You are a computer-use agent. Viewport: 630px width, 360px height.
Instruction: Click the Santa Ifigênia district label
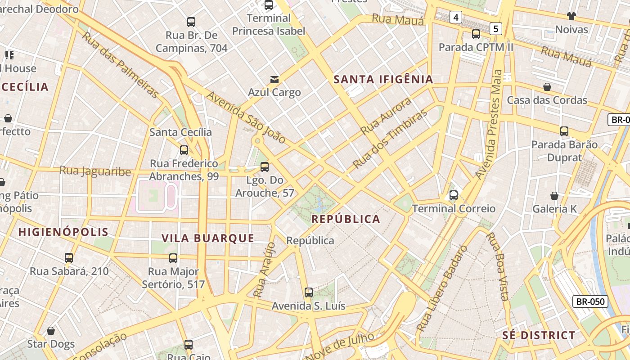(383, 80)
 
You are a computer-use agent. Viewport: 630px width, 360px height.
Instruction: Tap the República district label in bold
(346, 219)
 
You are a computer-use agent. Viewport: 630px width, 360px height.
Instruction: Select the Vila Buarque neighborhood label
(208, 238)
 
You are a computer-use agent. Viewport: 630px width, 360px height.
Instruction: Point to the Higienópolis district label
(63, 232)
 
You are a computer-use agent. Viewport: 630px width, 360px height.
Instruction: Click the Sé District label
(539, 335)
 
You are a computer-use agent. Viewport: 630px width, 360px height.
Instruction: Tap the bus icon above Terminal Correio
(454, 195)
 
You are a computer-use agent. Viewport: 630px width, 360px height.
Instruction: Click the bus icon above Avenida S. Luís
(309, 292)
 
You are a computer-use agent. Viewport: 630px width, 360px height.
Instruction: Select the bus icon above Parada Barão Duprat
(564, 131)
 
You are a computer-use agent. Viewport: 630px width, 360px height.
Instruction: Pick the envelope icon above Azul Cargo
(274, 80)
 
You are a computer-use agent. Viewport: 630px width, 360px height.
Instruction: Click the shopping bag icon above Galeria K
(554, 196)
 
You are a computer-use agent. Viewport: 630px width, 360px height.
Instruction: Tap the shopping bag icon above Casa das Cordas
(547, 87)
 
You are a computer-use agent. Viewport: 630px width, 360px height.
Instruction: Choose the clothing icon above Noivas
(571, 17)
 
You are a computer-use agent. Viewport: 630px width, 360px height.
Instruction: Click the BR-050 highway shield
(590, 301)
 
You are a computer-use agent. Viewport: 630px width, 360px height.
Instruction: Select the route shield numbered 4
(456, 18)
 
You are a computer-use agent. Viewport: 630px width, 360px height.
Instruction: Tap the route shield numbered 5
(496, 29)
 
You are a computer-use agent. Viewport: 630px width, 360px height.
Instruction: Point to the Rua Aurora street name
(386, 116)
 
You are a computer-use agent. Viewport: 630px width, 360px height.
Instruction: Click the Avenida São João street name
(246, 117)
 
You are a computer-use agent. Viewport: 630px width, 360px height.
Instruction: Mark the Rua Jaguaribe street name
(95, 171)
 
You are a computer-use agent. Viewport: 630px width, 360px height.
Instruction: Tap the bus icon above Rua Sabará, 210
(69, 258)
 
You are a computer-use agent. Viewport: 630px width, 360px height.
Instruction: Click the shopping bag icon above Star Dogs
(51, 331)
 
